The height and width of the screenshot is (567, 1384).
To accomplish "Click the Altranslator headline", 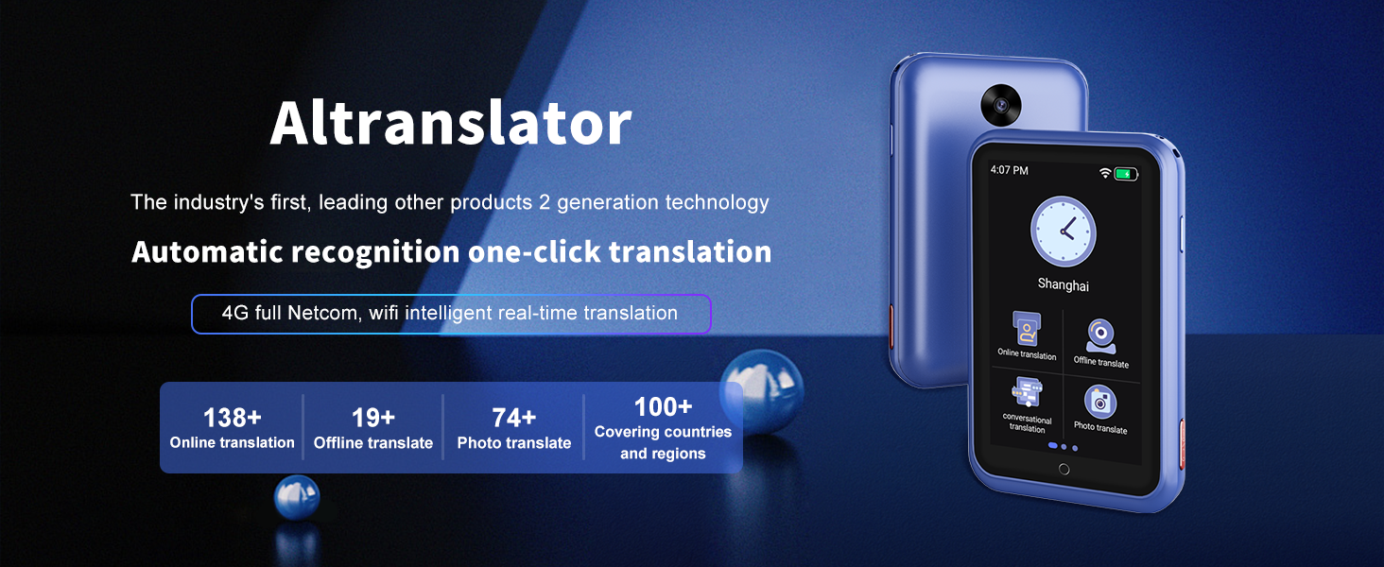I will (451, 123).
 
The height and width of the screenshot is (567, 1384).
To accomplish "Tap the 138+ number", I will (232, 418).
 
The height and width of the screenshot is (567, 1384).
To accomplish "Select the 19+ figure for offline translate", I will (372, 418).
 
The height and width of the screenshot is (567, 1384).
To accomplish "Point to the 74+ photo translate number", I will (513, 418).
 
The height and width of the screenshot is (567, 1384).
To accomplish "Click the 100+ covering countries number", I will (662, 407).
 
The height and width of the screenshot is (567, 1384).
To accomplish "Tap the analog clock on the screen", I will (1063, 231).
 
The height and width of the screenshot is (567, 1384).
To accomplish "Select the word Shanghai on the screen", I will (1063, 283).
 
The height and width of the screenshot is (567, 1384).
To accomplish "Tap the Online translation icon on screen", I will (1026, 330).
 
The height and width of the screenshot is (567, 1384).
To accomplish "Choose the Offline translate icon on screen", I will (1100, 335).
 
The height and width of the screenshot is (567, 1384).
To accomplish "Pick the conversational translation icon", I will (1026, 390).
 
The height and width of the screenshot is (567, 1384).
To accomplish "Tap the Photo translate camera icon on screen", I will (1100, 402).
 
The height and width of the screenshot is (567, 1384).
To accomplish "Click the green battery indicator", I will (1125, 174).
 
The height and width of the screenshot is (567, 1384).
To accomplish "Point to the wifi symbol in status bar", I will (1104, 173).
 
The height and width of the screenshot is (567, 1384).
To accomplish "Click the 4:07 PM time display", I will (1009, 170).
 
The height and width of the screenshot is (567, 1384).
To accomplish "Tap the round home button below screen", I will (1064, 469).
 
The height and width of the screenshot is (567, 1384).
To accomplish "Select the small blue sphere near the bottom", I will (297, 497).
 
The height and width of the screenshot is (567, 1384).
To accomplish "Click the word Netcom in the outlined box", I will (321, 313).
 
